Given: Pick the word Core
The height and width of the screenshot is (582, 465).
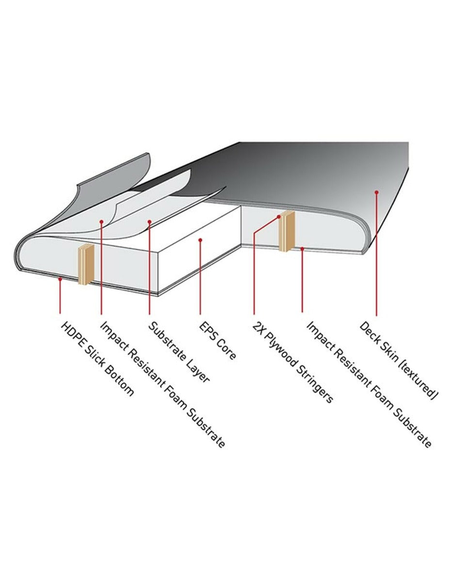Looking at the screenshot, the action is [226, 351].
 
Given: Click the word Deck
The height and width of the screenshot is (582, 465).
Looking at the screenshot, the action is [369, 333].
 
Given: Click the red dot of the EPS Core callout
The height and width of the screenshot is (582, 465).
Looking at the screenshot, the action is [200, 240].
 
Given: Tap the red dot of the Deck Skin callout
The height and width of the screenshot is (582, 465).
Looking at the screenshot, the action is [376, 192].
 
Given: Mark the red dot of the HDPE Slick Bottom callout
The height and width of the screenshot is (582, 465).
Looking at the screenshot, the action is [60, 279].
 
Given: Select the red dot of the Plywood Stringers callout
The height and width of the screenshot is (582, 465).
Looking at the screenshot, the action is [279, 217].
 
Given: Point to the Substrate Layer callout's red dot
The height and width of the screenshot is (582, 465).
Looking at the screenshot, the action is [149, 222].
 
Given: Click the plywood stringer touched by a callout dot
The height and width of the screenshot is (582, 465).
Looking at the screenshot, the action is [287, 231].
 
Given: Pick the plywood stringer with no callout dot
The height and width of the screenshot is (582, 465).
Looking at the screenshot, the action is [86, 264].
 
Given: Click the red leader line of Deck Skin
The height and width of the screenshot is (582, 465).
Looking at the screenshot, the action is [376, 254].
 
